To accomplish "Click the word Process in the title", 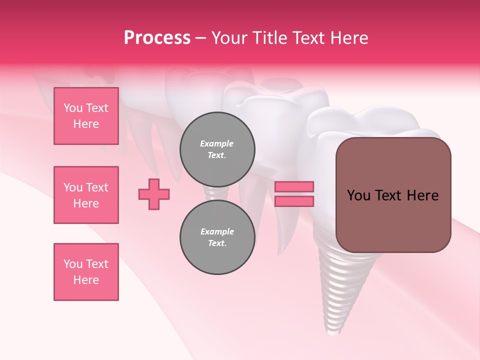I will coord(157,38).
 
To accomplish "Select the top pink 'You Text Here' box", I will coord(86,116).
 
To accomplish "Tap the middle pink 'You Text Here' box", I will coord(86,195).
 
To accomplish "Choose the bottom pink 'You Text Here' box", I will coord(86,272).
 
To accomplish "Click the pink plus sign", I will coord(154,194).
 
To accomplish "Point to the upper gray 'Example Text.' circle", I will coord(217,149).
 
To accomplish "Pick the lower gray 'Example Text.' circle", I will coord(217,237).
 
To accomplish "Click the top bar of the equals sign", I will coord(294,187).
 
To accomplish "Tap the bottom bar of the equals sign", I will coord(294,201).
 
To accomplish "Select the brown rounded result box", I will coord(393,220).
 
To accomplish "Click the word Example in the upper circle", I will coord(216,143).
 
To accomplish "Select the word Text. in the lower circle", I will coord(217,243).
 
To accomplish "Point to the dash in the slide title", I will coord(200,38).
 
